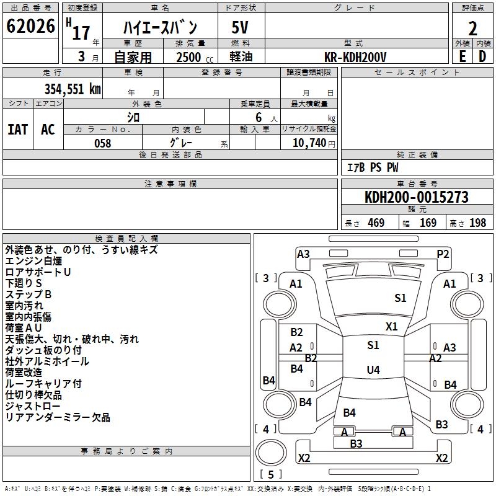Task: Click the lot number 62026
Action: pos(30,26)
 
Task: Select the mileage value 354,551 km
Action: pos(73,89)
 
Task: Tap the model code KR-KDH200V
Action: pos(355,57)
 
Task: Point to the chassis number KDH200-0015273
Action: pos(417,197)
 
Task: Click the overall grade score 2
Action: pos(472,29)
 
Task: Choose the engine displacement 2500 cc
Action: pos(195,57)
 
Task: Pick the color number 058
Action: pos(103,143)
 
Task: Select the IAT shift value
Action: pos(18,130)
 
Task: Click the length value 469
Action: pos(376,223)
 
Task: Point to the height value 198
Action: pos(477,223)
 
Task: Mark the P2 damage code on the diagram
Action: pos(443,254)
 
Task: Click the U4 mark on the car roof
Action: pos(373,370)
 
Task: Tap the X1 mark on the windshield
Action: pos(392,327)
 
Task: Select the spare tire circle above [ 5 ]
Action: pos(271,453)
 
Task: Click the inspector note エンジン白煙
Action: pos(33,261)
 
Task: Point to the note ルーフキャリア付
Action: pos(43,384)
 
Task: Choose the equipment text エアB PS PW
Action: pos(373,167)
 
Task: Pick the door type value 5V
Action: pos(240,27)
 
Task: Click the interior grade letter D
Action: pos(482,56)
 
